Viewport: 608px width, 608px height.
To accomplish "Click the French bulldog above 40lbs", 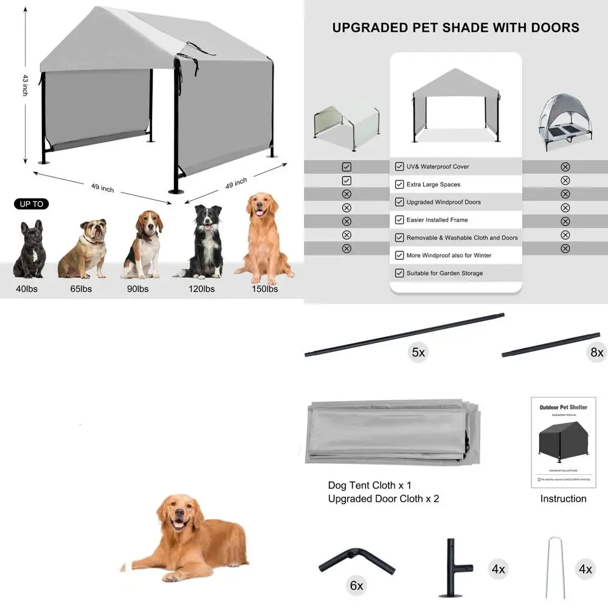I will click(29, 250).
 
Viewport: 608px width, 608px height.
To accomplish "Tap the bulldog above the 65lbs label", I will click(83, 249).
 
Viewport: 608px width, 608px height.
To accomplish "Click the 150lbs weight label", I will click(265, 289).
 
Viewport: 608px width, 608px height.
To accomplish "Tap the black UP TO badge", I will click(32, 204).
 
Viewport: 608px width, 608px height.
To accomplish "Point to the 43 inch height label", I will click(25, 85).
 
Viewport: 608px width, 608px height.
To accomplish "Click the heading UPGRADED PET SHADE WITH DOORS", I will click(455, 28).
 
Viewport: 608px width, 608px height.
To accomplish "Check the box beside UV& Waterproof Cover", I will click(399, 167).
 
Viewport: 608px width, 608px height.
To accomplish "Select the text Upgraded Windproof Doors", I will click(443, 202).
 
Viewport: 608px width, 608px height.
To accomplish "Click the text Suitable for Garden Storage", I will click(444, 274).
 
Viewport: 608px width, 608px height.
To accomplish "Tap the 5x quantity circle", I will click(418, 353).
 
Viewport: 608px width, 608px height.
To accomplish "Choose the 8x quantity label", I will click(596, 353).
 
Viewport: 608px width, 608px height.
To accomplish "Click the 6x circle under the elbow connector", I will click(356, 586).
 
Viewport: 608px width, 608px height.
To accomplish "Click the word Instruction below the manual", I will click(563, 499).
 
